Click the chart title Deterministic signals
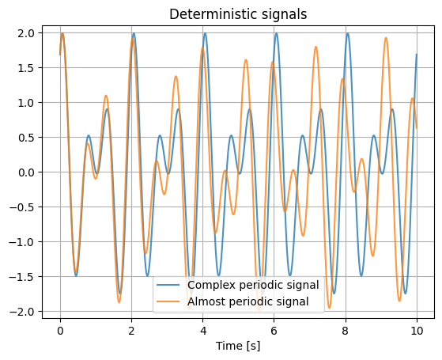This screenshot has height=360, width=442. point(238,14)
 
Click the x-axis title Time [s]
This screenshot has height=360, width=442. point(238,346)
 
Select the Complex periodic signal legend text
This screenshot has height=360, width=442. point(253,285)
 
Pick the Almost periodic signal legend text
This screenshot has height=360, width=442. point(248,301)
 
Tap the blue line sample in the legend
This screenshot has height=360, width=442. point(168,285)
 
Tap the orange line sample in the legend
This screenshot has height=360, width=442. point(168,301)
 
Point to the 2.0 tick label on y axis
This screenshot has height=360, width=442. point(26,33)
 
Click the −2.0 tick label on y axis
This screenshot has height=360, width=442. point(22,312)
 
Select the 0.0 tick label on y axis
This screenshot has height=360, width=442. point(26,172)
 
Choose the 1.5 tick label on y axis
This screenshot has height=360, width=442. point(26,68)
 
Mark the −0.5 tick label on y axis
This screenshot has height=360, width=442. point(22,207)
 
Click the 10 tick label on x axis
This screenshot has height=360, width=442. point(417,331)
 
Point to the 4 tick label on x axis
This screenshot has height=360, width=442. point(202,331)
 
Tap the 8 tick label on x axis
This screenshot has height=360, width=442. point(346,331)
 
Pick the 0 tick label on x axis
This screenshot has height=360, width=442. point(60,331)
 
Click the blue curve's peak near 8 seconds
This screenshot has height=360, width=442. point(348,33)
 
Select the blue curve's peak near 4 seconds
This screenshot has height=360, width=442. point(205,33)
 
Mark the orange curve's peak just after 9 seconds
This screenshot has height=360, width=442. point(386,37)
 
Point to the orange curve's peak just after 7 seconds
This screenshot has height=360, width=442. point(315,47)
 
